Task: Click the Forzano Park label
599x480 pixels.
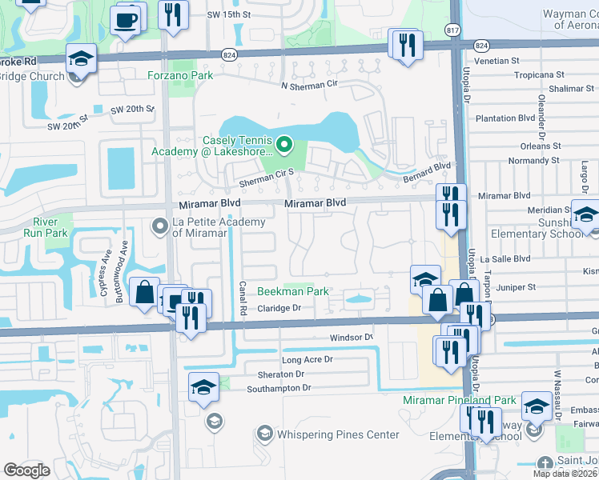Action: (179, 76)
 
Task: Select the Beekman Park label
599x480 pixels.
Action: (292, 291)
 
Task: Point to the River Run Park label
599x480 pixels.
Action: (50, 227)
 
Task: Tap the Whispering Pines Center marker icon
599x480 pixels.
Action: (264, 434)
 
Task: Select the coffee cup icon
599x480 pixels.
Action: (126, 18)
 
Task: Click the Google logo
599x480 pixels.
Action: (26, 470)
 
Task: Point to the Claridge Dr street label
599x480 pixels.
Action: (279, 308)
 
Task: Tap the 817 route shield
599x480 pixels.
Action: (452, 30)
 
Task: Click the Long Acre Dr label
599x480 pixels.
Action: (307, 359)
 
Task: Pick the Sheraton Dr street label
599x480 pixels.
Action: (280, 374)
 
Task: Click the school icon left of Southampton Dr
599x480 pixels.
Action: (203, 388)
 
